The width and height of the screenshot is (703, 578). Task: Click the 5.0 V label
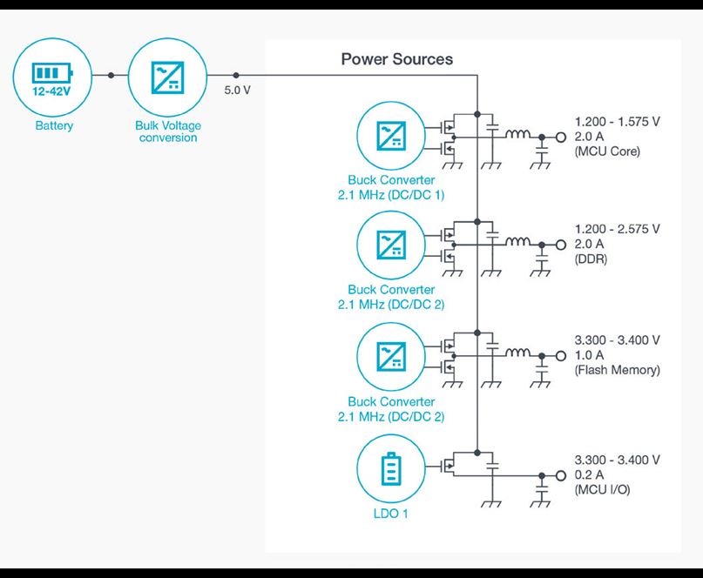237,91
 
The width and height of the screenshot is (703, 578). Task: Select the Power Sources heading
396,59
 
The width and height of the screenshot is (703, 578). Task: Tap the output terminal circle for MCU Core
560,138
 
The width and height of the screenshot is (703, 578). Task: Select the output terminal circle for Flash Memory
560,355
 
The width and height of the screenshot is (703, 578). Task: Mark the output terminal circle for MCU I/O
560,475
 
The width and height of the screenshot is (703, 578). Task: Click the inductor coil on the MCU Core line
519,135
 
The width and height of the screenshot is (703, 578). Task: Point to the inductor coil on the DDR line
519,243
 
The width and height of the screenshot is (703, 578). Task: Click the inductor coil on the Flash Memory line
519,353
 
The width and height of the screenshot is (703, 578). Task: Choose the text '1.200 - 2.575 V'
617,229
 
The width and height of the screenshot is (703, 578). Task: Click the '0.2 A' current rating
590,474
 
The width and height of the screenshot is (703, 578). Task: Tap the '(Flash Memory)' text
617,370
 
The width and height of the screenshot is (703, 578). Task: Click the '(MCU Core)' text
607,151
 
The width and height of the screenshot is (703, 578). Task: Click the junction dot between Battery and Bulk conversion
111,76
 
